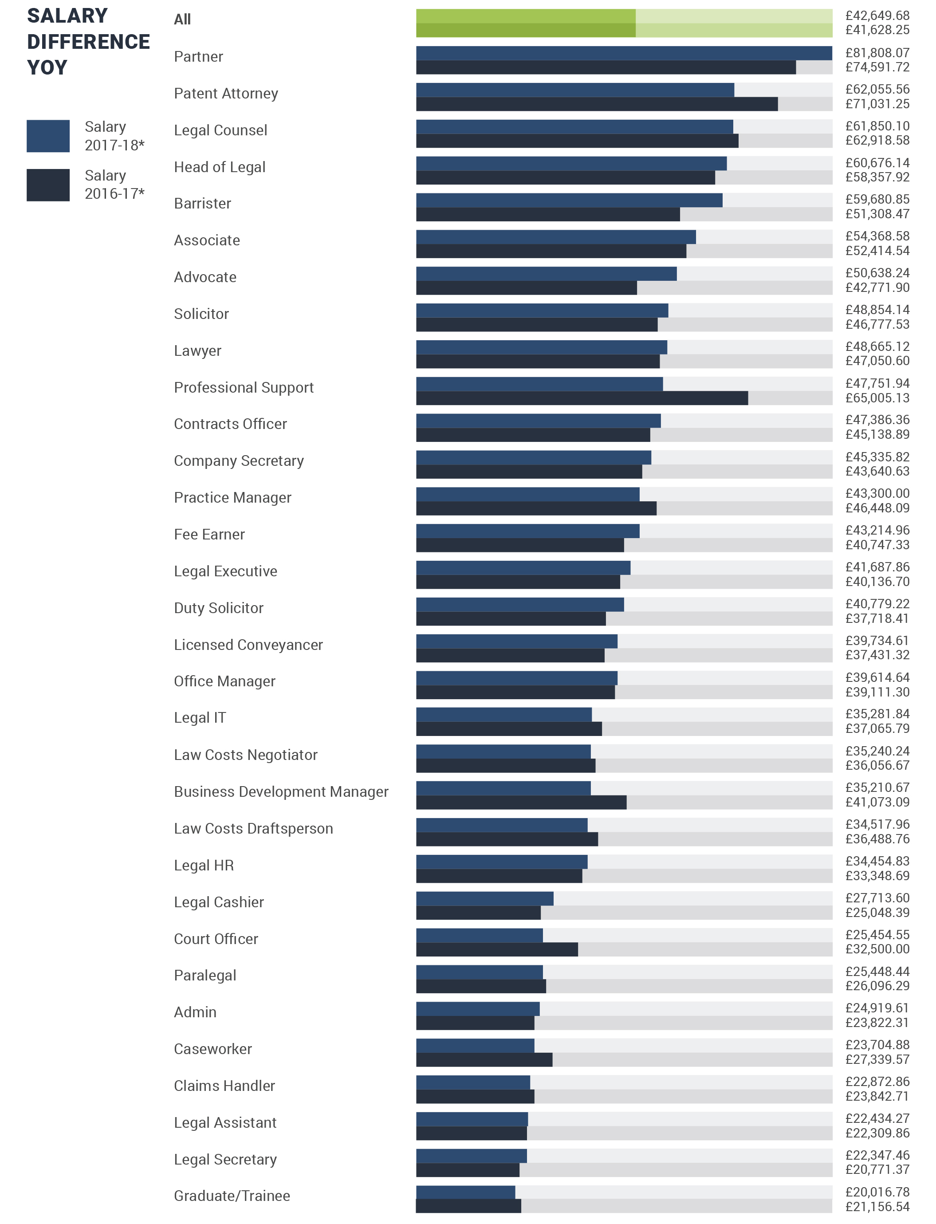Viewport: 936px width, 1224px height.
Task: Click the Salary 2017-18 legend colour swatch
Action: [x=48, y=136]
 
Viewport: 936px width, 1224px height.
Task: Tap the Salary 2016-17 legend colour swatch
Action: [x=48, y=185]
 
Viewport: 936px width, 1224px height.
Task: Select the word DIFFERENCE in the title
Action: [x=88, y=42]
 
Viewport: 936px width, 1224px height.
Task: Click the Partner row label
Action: [x=198, y=57]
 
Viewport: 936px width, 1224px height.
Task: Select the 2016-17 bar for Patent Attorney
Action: [x=596, y=104]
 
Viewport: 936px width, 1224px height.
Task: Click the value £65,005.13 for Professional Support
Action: [x=877, y=398]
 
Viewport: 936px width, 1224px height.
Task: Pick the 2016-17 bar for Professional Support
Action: [x=582, y=398]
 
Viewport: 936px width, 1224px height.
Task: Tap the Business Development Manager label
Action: [x=281, y=791]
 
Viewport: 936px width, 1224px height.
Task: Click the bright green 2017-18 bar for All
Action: [x=525, y=16]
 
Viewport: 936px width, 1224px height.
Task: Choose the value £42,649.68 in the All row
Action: [x=877, y=16]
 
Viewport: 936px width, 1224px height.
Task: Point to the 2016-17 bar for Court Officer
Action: [x=496, y=949]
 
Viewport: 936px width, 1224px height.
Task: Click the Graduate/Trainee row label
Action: [x=232, y=1196]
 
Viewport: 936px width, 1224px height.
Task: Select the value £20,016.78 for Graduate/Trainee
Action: [x=877, y=1192]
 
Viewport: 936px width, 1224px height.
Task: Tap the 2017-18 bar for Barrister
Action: [x=569, y=200]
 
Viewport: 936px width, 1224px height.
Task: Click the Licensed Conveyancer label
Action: [x=248, y=645]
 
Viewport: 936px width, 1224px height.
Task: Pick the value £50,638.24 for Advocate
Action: [x=877, y=273]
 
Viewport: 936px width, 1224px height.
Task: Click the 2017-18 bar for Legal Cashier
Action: [x=484, y=898]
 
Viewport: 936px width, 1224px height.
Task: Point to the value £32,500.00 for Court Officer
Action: [x=877, y=949]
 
